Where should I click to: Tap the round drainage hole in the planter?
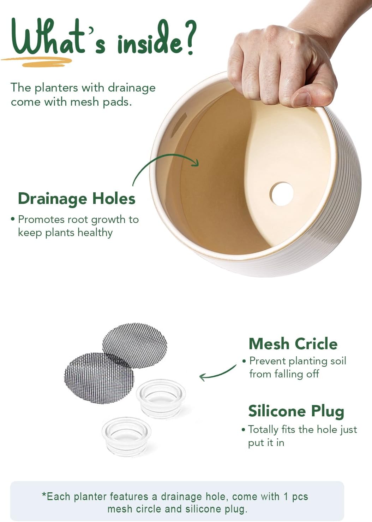point(281,194)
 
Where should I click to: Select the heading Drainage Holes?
point(77,199)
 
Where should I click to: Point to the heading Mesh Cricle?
point(293,344)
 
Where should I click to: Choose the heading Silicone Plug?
point(296,411)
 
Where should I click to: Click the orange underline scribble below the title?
point(37,61)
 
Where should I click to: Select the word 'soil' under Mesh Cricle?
point(338,361)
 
